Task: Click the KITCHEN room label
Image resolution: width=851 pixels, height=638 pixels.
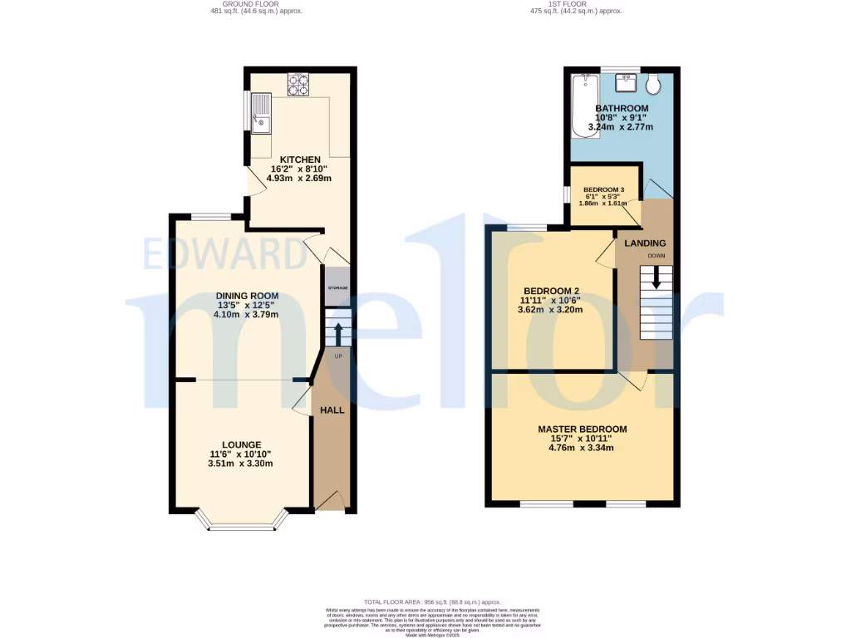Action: [x=300, y=160]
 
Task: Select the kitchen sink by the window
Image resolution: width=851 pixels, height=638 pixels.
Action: [x=261, y=114]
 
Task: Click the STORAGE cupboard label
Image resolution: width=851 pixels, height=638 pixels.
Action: [x=337, y=287]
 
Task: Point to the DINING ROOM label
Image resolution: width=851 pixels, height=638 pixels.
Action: [x=247, y=296]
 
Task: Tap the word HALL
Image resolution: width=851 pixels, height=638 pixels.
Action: [x=332, y=410]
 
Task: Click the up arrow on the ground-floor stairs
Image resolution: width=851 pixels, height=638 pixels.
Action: [x=338, y=333]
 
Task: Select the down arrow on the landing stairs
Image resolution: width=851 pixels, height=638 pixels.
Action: [x=657, y=277]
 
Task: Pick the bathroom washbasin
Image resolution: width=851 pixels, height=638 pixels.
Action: [x=626, y=82]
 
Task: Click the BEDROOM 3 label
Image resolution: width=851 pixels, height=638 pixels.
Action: [x=603, y=189]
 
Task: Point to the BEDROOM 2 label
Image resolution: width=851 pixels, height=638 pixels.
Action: [x=550, y=291]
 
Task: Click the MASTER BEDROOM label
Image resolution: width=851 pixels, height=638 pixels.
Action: [x=582, y=429]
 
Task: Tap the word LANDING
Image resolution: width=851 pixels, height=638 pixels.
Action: [x=645, y=243]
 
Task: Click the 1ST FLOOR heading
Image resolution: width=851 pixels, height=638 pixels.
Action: [x=576, y=3]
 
